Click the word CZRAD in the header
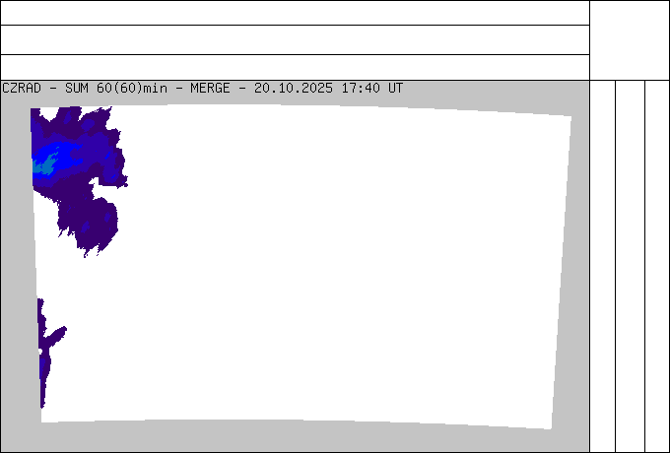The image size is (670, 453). pos(22,88)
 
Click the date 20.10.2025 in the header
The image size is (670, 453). pos(294,88)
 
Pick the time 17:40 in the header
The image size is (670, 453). pos(361,88)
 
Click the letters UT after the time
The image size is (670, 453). pos(396,88)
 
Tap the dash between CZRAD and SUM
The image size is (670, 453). pos(53,88)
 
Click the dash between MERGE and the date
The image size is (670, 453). pos(242,88)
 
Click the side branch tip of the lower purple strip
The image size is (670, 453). pos(63,329)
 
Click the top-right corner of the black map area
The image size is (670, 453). pos(570,116)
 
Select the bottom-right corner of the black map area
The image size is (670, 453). pos(551,429)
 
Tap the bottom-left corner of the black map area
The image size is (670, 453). pos(41,421)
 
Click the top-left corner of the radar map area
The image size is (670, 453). pos(31,107)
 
